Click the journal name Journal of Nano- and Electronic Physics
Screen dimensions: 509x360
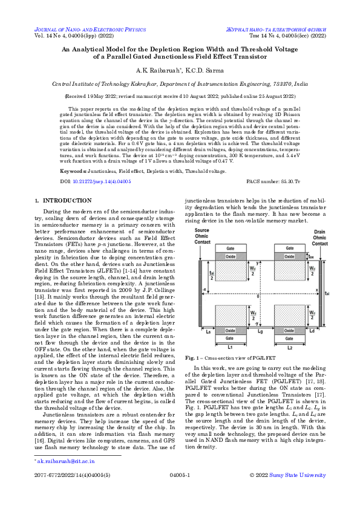point(88,28)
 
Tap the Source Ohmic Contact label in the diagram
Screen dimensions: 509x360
point(203,237)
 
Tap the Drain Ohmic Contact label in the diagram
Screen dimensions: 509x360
point(319,237)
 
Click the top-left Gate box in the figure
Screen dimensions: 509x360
point(230,248)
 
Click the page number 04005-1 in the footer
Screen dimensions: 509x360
point(180,493)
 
